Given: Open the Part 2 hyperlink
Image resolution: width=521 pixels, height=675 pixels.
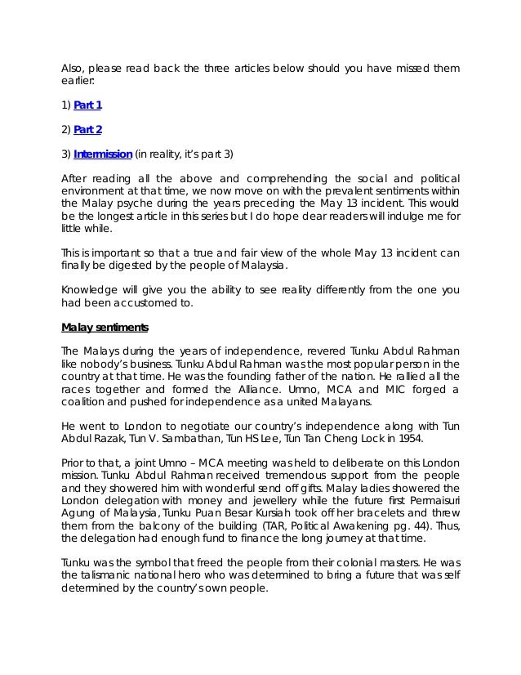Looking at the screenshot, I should (x=87, y=128).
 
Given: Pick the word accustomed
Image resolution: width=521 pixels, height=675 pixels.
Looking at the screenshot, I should (x=148, y=302).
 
